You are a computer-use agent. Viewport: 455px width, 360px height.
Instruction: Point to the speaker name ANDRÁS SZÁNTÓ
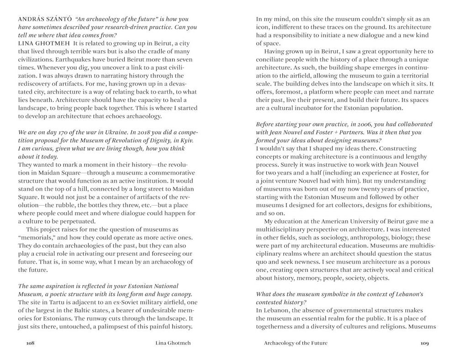click(x=42, y=19)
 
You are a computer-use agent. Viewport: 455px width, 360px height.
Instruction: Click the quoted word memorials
click(x=38, y=238)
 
